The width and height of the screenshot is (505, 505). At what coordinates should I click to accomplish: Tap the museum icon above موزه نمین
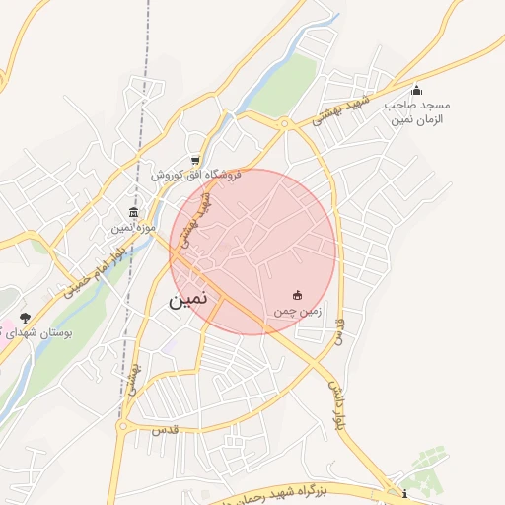click(x=133, y=211)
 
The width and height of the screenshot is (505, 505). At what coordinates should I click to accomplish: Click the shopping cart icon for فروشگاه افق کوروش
click(x=196, y=160)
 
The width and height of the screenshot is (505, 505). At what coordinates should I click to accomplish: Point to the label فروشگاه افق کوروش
click(x=196, y=175)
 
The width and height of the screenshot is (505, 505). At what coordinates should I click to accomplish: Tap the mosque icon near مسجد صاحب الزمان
click(x=416, y=91)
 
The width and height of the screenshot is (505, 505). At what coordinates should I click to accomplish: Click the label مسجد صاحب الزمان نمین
click(x=416, y=111)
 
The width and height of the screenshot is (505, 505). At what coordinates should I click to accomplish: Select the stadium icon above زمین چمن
click(x=298, y=295)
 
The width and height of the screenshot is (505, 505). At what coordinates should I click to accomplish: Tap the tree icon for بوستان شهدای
click(x=25, y=318)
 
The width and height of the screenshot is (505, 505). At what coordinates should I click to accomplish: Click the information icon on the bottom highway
click(x=404, y=494)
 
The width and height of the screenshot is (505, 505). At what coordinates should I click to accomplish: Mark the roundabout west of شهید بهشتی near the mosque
click(x=283, y=123)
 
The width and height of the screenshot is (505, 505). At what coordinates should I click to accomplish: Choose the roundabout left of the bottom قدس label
click(x=123, y=427)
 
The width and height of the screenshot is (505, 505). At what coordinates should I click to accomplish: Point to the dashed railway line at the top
click(x=147, y=59)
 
